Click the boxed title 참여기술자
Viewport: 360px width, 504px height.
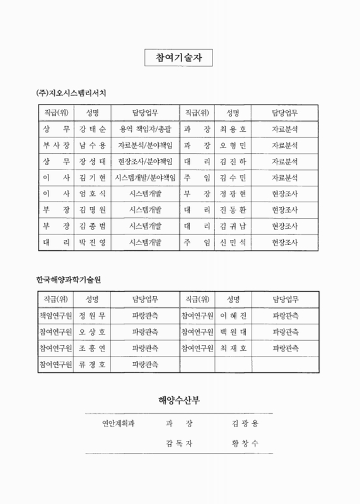coord(179,58)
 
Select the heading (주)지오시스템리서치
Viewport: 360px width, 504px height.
coord(71,93)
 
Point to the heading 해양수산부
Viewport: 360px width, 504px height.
coord(179,400)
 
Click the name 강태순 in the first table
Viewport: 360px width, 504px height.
coord(93,129)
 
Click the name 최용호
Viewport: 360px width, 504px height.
coord(233,129)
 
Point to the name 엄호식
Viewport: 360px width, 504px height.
coord(93,193)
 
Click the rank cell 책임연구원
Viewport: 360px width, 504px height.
coord(56,315)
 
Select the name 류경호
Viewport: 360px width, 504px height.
coord(93,364)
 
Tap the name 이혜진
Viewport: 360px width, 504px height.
coord(233,315)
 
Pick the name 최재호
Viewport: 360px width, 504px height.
coord(233,348)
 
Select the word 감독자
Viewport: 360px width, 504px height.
coord(179,444)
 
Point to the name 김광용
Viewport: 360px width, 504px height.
coord(245,423)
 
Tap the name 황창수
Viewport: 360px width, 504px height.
coord(245,444)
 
